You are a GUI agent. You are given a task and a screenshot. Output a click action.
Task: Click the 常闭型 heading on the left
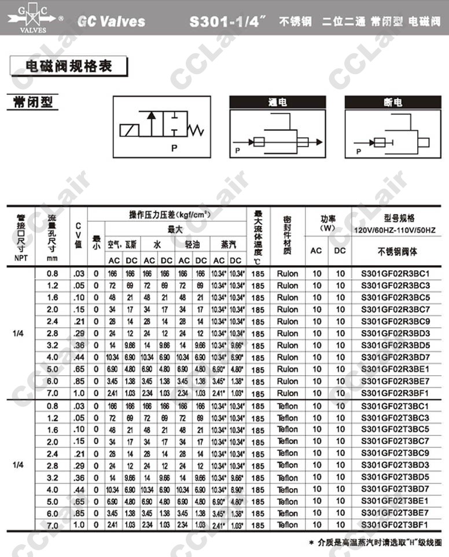33,102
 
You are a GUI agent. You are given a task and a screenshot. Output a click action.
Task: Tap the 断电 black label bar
393,102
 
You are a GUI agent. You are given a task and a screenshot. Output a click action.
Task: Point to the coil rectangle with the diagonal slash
130,130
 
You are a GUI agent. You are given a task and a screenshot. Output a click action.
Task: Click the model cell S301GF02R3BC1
395,273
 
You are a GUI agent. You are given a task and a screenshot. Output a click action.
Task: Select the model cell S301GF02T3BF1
395,525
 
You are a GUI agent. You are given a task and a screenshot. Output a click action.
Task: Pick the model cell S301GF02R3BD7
395,357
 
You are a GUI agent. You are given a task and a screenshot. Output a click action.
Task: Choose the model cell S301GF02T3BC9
395,453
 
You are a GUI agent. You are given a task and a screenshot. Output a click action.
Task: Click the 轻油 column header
192,245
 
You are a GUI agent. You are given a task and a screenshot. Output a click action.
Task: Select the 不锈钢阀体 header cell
395,251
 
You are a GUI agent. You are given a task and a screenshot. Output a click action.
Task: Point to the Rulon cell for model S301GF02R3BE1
288,369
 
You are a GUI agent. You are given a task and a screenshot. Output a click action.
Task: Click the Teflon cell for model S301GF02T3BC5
288,430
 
